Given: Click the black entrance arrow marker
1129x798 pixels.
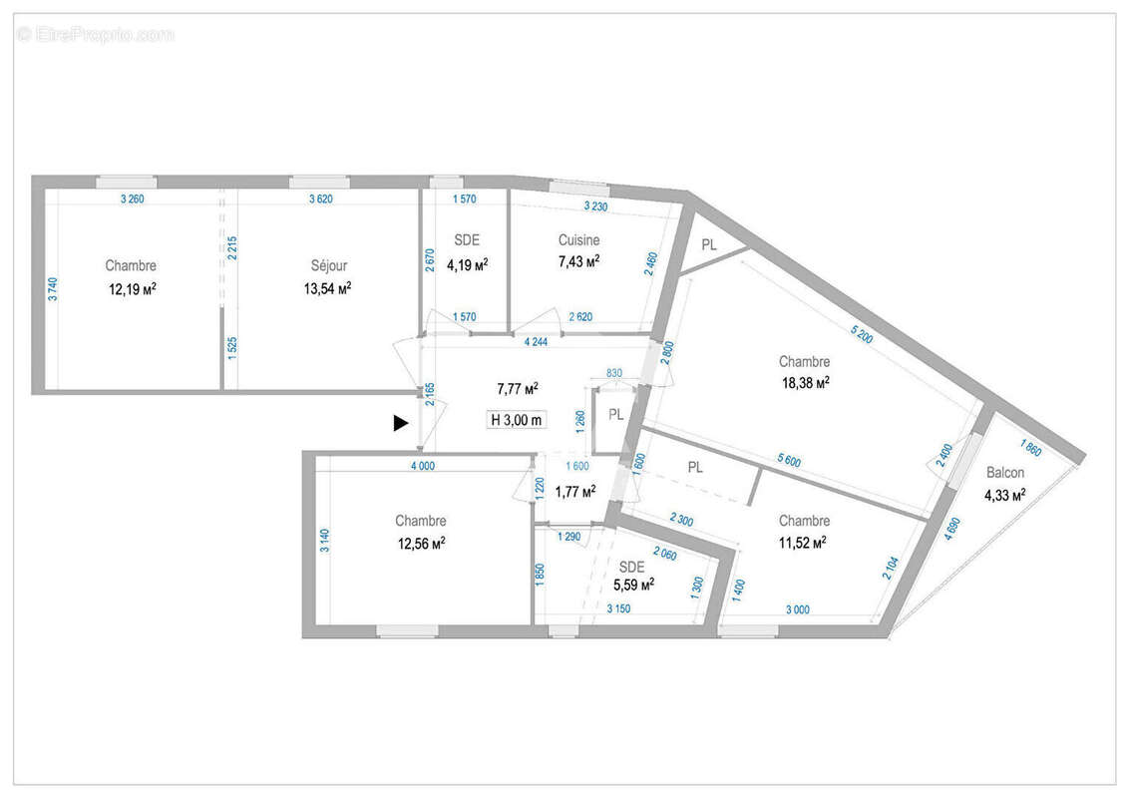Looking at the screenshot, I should click(400, 423).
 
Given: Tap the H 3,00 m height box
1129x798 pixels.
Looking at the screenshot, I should click(517, 420).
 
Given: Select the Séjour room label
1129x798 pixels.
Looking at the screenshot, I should click(328, 266).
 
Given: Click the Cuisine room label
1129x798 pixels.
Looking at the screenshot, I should click(578, 240).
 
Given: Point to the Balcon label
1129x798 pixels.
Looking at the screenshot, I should click(1005, 473).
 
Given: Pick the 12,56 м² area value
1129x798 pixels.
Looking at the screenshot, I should click(420, 543).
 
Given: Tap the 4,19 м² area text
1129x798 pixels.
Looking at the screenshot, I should click(467, 264).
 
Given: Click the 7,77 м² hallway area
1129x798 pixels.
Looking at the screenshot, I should click(518, 388).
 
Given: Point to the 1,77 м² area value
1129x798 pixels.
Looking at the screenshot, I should click(574, 491).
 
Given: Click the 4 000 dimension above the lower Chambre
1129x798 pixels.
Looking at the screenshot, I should click(422, 465).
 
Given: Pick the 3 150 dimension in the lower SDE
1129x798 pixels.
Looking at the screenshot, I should click(620, 607).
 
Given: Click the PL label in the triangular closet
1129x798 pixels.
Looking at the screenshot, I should click(709, 244).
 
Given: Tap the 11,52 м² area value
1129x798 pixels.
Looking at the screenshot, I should click(803, 543).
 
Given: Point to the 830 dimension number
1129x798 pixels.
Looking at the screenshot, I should click(613, 373).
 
